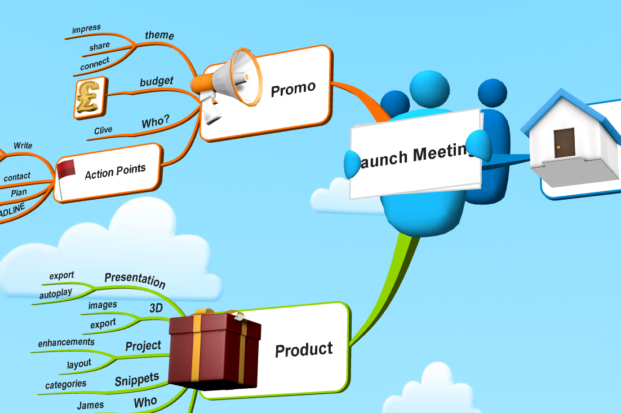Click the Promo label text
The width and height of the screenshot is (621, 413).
(293, 89)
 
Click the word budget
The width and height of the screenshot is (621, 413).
(156, 82)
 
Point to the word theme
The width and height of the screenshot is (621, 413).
(159, 36)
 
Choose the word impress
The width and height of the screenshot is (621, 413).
(86, 28)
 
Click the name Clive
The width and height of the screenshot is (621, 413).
(103, 130)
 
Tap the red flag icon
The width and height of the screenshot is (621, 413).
(65, 169)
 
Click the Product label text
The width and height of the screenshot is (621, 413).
(304, 350)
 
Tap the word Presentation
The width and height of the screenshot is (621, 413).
(135, 280)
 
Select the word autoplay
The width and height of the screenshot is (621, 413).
(56, 294)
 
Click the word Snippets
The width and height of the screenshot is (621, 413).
(137, 380)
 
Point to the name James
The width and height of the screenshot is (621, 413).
(90, 405)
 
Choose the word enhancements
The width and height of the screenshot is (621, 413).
(66, 342)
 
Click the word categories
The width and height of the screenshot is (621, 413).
(66, 385)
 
